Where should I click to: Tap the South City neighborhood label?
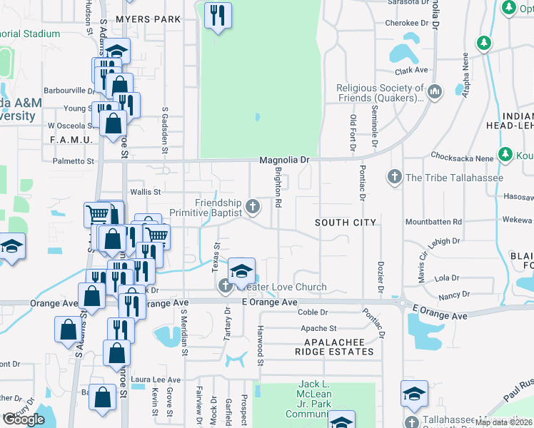(x=346, y=223)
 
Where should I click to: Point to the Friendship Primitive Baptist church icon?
(x=251, y=208)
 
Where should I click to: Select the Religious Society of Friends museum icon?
(x=435, y=91)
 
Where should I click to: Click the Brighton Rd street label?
(x=278, y=193)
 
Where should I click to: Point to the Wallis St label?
(x=146, y=192)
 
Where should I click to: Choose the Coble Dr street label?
(x=312, y=312)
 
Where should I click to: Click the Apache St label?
(x=318, y=329)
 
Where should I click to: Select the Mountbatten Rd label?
(x=433, y=223)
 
